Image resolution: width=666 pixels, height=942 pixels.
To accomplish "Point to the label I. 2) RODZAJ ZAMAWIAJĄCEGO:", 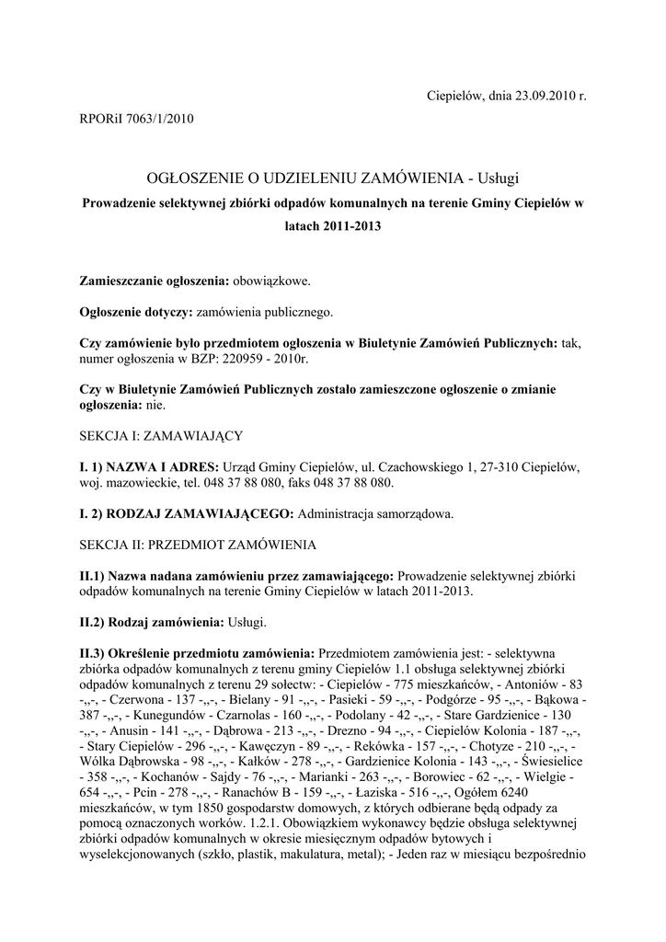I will tap(187, 513).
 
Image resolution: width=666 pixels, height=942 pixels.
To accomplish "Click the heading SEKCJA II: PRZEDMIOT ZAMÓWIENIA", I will tap(197, 545).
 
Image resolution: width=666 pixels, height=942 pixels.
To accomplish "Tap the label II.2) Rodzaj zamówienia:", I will tap(151, 623).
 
